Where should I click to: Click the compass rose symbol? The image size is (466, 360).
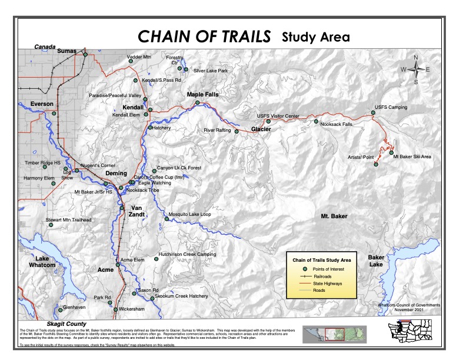(416, 69)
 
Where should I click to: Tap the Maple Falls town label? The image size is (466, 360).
(202, 94)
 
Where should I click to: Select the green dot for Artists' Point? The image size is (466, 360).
(376, 165)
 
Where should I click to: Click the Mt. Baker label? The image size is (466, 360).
(334, 217)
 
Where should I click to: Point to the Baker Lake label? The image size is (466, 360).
(376, 261)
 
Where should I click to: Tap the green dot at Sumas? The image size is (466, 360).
(85, 55)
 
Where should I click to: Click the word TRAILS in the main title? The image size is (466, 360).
(241, 37)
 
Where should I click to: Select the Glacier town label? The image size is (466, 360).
(261, 128)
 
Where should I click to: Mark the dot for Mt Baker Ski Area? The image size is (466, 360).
(391, 152)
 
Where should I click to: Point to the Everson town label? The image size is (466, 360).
(42, 104)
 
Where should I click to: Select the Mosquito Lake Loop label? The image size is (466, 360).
(189, 215)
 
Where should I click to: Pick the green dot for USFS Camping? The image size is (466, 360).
(372, 112)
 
